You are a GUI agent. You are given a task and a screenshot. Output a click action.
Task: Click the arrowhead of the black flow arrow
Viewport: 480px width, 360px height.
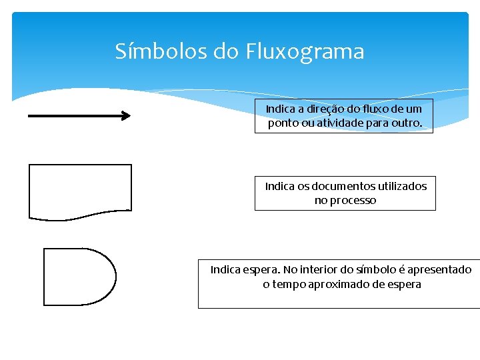[x=125, y=115]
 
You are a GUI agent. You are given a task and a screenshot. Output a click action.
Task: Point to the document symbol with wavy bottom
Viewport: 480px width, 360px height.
[x=80, y=191]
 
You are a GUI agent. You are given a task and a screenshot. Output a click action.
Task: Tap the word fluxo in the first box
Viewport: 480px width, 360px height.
[x=372, y=109]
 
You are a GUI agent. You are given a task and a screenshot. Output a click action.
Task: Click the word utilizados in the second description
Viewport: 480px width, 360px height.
[x=402, y=186]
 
